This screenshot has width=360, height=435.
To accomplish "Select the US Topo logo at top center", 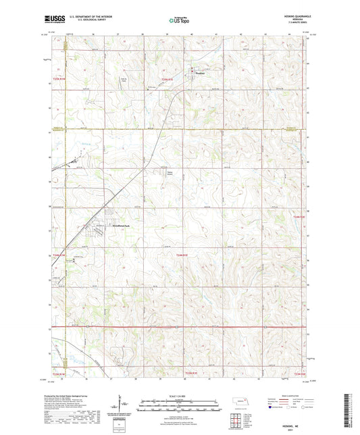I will pos(178,20).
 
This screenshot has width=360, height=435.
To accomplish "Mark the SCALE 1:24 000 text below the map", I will pos(180,396).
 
